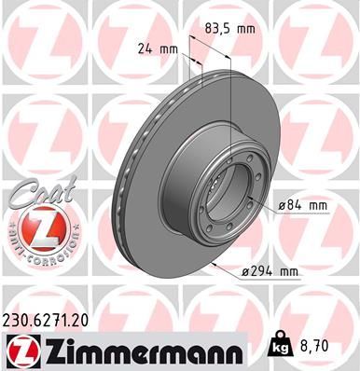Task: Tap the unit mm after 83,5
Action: (246, 30)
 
